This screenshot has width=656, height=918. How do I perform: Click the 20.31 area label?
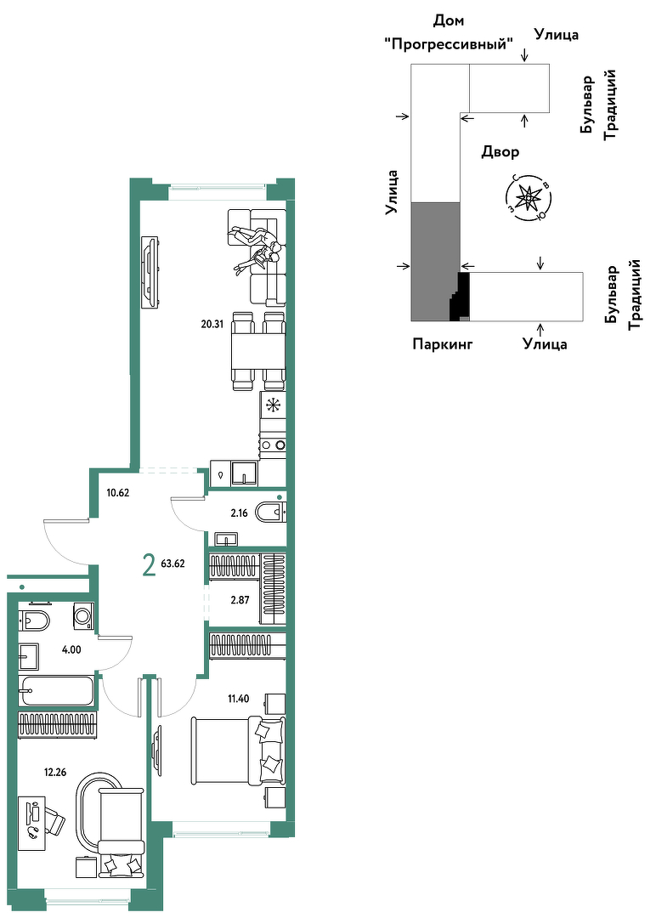pyautogui.click(x=212, y=325)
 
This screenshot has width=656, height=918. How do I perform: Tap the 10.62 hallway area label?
pyautogui.click(x=117, y=492)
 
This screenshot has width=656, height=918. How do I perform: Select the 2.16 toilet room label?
pyautogui.click(x=239, y=513)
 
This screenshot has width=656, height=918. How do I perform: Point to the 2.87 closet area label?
pyautogui.click(x=240, y=600)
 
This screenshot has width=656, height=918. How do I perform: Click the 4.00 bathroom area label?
pyautogui.click(x=72, y=649)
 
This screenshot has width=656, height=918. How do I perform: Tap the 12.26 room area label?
pyautogui.click(x=55, y=772)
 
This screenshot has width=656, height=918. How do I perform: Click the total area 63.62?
pyautogui.click(x=172, y=564)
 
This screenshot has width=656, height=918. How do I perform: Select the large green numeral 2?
pyautogui.click(x=150, y=565)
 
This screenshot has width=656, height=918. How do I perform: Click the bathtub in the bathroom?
pyautogui.click(x=56, y=691)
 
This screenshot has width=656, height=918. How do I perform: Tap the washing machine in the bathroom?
pyautogui.click(x=82, y=616)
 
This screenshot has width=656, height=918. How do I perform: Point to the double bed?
pyautogui.click(x=238, y=751)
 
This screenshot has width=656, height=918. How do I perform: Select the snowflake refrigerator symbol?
pyautogui.click(x=273, y=405)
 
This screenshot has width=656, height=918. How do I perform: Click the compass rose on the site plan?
pyautogui.click(x=529, y=198)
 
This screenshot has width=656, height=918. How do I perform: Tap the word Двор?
pyautogui.click(x=500, y=151)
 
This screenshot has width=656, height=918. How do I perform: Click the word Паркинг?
pyautogui.click(x=443, y=343)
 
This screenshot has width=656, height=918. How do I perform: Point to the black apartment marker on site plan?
pyautogui.click(x=461, y=297)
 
